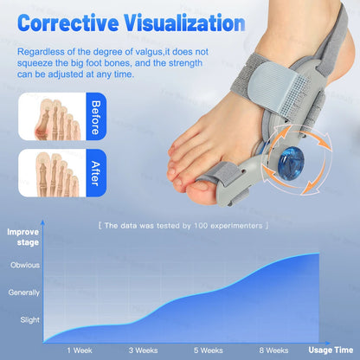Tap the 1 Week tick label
pos(80,350)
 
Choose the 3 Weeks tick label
pos(143,350)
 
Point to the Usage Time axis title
pos(329,350)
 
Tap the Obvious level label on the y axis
pos(25,266)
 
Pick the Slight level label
pos(29,319)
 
